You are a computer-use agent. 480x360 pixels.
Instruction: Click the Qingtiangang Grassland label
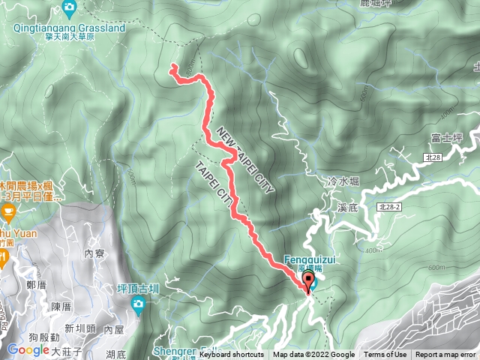point(69,28)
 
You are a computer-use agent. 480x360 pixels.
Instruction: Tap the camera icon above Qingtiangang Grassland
point(69,8)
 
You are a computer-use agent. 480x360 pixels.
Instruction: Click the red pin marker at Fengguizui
point(308,282)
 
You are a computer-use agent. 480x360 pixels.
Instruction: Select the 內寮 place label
point(94,253)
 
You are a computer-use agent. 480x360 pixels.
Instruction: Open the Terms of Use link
point(385,355)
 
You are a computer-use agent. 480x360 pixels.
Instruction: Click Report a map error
point(445,355)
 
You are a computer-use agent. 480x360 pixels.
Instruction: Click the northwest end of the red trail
point(172,67)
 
